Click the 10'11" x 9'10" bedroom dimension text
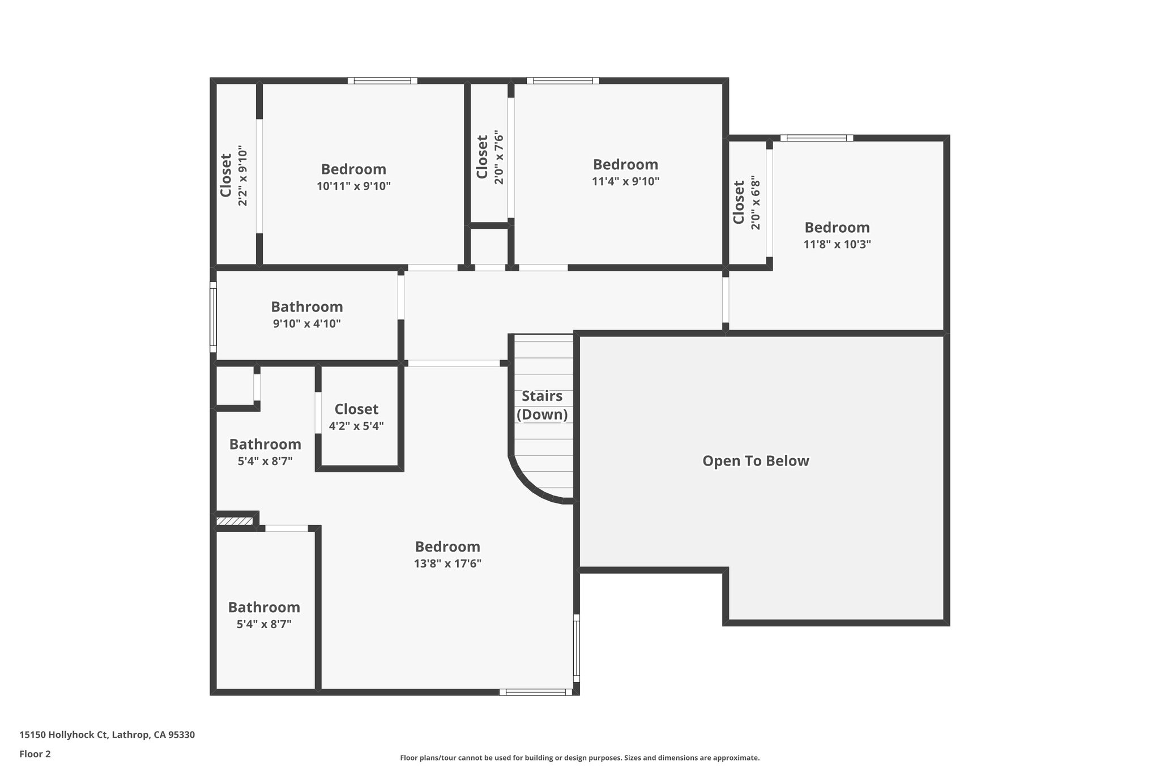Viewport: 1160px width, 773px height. [353, 186]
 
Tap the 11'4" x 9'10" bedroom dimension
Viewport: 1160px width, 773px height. [625, 182]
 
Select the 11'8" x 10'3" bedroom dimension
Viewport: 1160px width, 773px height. [837, 245]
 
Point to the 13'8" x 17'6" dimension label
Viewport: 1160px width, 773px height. [447, 563]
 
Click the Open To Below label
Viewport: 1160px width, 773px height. [756, 461]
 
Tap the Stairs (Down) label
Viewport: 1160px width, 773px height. [542, 405]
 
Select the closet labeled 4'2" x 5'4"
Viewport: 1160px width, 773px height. [356, 417]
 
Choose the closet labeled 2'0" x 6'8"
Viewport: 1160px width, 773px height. [747, 203]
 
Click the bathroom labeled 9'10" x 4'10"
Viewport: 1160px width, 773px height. [306, 315]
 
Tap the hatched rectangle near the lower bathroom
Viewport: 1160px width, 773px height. [234, 521]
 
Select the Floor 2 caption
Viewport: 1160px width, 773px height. [35, 754]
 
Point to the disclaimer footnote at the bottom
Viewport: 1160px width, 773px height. [579, 758]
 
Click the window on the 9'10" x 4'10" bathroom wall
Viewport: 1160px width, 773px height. [214, 317]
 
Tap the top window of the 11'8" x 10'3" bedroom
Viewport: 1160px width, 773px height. [816, 138]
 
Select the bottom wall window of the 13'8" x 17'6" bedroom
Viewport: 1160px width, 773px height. [535, 691]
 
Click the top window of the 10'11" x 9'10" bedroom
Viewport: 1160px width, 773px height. [382, 81]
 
